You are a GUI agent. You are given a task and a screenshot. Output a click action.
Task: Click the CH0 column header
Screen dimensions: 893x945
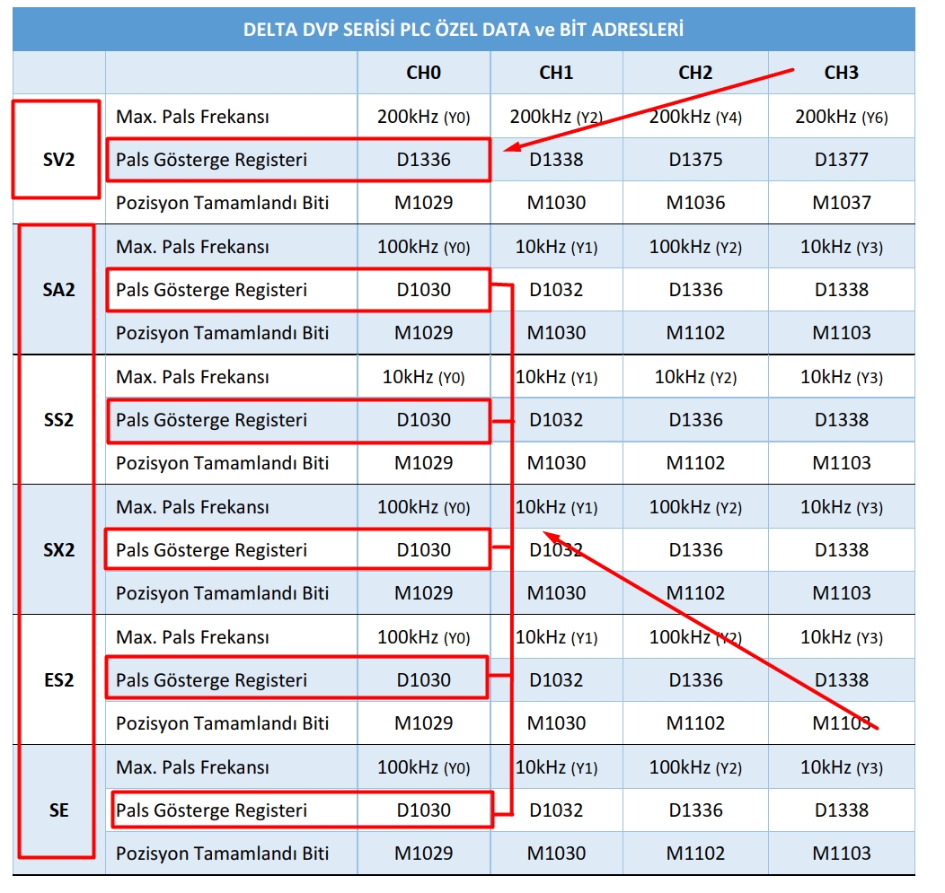[424, 73]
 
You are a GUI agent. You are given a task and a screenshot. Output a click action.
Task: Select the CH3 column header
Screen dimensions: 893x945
[842, 73]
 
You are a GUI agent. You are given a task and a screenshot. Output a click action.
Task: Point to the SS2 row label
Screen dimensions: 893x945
[59, 420]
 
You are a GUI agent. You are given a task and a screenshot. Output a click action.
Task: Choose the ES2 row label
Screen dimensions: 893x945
[59, 680]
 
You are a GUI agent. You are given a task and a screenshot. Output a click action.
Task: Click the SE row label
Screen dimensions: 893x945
[59, 810]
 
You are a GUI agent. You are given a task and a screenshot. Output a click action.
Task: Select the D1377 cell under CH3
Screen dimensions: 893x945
[842, 160]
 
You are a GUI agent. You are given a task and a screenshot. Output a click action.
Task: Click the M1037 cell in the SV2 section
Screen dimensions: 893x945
[842, 203]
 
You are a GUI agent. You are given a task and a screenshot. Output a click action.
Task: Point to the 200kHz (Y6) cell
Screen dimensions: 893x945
[842, 117]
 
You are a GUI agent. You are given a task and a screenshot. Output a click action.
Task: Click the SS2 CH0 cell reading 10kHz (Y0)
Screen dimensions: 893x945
[424, 377]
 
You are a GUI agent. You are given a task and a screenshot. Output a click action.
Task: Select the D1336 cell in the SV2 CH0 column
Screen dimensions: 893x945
[424, 160]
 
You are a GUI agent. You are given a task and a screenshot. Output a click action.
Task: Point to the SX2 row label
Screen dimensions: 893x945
[59, 550]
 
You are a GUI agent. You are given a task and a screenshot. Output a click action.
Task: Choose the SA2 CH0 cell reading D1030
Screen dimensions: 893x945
[424, 290]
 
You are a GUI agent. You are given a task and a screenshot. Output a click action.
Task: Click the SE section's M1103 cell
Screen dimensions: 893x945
[842, 854]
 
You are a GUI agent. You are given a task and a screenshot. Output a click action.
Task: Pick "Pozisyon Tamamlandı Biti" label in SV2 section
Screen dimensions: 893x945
[223, 203]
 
